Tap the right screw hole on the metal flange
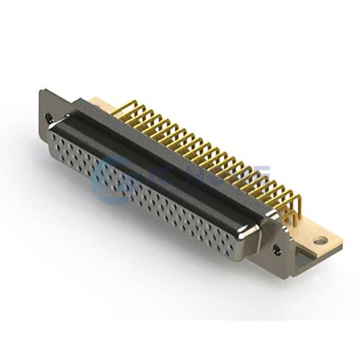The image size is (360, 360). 277,247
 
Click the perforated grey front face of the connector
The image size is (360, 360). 144,192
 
